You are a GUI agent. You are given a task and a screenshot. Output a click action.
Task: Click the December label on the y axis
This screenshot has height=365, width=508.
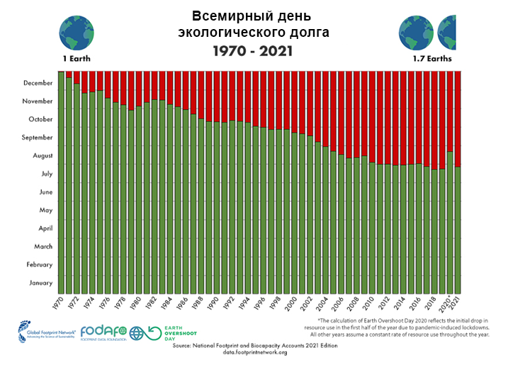pyautogui.click(x=38, y=83)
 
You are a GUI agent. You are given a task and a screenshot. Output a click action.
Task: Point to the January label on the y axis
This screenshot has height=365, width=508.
pyautogui.click(x=40, y=283)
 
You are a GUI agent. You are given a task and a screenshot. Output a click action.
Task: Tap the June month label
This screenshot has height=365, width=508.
pyautogui.click(x=45, y=192)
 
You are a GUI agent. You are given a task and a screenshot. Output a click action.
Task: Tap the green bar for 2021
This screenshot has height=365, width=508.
pyautogui.click(x=458, y=230)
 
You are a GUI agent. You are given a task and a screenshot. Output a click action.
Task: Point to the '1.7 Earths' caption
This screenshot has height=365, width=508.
pyautogui.click(x=431, y=58)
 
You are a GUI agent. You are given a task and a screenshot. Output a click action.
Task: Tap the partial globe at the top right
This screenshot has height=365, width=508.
pyautogui.click(x=448, y=29)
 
